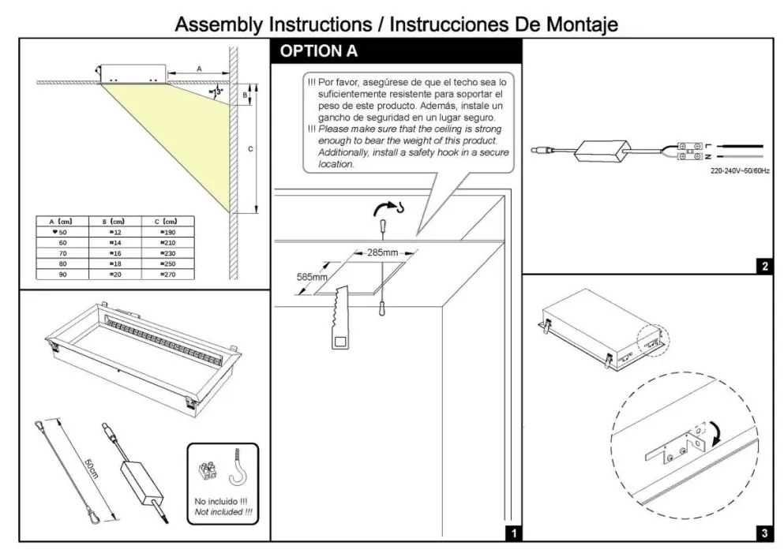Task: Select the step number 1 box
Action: [513, 533]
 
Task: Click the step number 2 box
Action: [764, 267]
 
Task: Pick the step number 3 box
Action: [764, 533]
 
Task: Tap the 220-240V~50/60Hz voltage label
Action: [741, 170]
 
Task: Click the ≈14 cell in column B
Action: [114, 243]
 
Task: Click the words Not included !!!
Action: [223, 512]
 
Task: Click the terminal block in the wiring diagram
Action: [692, 151]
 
